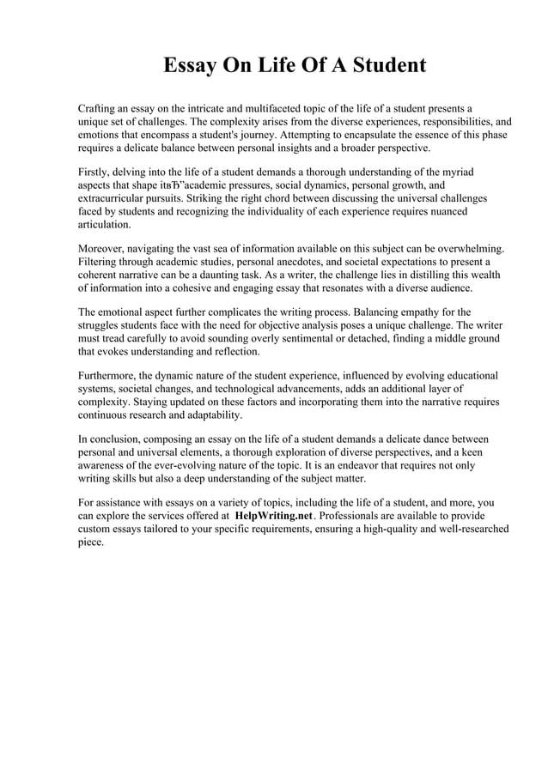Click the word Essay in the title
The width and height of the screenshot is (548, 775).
point(193,66)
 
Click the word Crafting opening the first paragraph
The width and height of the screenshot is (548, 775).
point(100,109)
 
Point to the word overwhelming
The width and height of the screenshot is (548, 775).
point(468,249)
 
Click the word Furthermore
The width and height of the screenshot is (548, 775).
point(110,376)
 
